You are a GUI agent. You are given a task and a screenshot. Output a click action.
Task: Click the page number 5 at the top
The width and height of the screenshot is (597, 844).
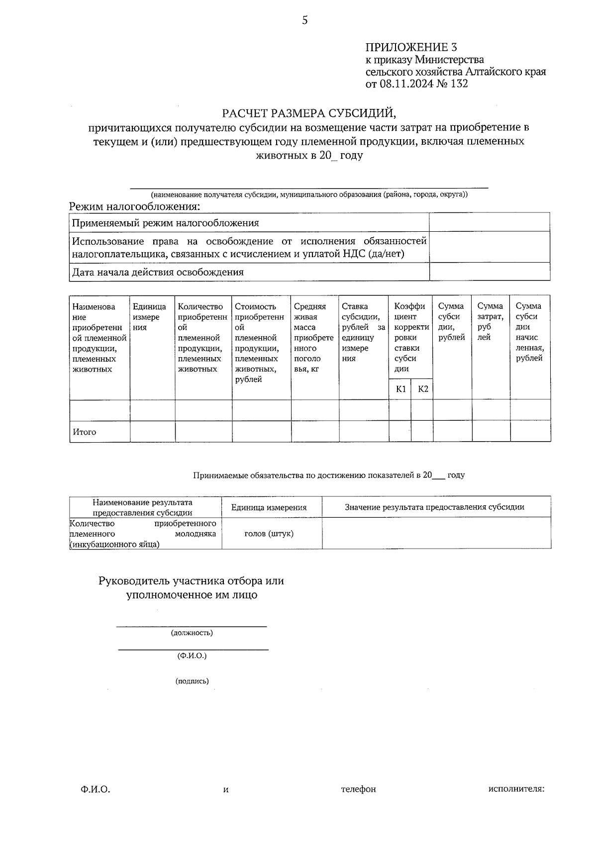(x=304, y=20)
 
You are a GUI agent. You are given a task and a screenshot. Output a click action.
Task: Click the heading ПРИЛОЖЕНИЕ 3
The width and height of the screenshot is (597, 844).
(x=411, y=47)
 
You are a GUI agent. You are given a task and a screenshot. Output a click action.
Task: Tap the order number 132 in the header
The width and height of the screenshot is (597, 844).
(x=459, y=84)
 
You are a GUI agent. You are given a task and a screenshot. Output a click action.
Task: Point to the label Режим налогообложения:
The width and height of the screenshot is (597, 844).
(x=135, y=206)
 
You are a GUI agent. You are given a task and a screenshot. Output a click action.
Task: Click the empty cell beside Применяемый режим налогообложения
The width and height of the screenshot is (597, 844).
(x=490, y=222)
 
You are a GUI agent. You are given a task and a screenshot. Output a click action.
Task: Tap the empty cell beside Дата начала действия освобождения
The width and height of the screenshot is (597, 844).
(x=490, y=272)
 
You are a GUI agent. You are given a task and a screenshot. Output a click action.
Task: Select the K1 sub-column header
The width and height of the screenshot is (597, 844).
(x=400, y=389)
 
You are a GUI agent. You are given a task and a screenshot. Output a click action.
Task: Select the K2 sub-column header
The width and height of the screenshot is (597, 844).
(x=422, y=389)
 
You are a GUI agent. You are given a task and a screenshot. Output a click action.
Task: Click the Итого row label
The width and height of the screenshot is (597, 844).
(x=85, y=432)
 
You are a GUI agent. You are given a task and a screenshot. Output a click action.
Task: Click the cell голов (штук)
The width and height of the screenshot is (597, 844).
(x=269, y=534)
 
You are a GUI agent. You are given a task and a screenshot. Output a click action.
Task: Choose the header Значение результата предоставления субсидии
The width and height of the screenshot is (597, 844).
(x=434, y=507)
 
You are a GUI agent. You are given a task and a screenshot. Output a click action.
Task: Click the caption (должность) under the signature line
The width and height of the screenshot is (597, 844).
(x=192, y=633)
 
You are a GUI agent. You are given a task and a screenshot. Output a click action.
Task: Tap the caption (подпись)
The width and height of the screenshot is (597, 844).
(x=192, y=681)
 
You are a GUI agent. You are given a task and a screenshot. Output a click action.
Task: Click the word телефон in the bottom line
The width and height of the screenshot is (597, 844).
(x=358, y=789)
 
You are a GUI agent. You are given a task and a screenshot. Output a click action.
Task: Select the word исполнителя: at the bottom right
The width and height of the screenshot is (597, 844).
(x=516, y=789)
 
